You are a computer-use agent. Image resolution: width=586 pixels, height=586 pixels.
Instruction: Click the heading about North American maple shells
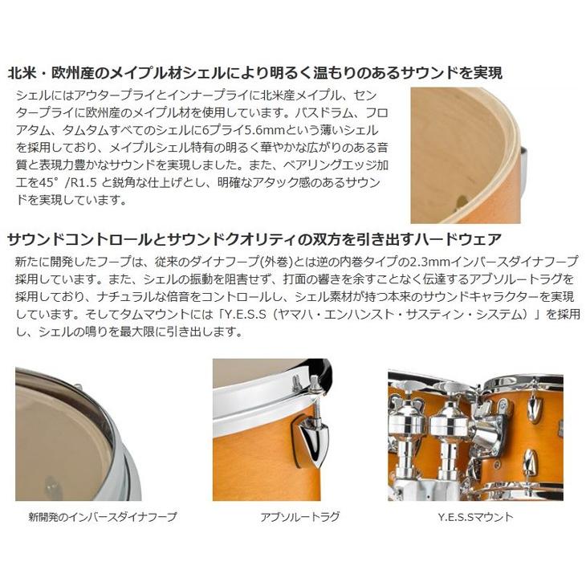pos(254,74)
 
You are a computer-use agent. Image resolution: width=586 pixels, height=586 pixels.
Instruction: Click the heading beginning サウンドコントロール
pos(254,238)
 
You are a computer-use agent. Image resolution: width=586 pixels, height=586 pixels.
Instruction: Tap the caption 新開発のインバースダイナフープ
pos(102,517)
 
